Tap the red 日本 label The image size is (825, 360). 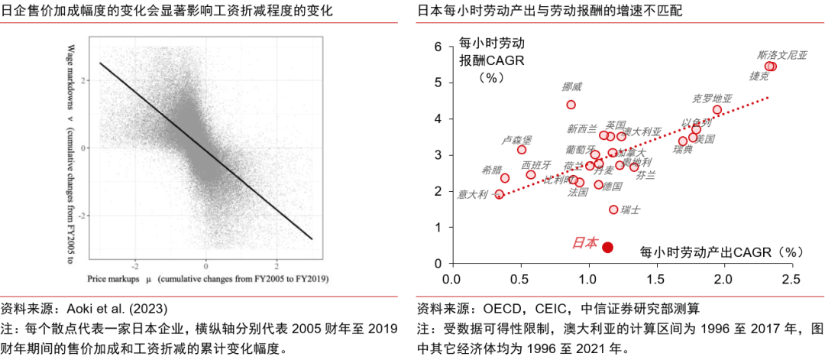click(x=585, y=243)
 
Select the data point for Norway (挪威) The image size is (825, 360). click(x=571, y=105)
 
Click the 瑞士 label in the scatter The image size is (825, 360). click(x=630, y=209)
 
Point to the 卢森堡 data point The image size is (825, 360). click(x=522, y=150)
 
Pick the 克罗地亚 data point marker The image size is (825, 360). click(x=717, y=110)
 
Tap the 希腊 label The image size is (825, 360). click(x=492, y=170)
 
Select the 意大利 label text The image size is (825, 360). click(x=472, y=195)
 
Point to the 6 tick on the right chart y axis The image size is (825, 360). click(x=438, y=47)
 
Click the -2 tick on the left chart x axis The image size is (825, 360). click(x=134, y=267)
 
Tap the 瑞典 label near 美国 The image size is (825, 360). click(x=683, y=149)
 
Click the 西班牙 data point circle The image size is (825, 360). click(x=531, y=175)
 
